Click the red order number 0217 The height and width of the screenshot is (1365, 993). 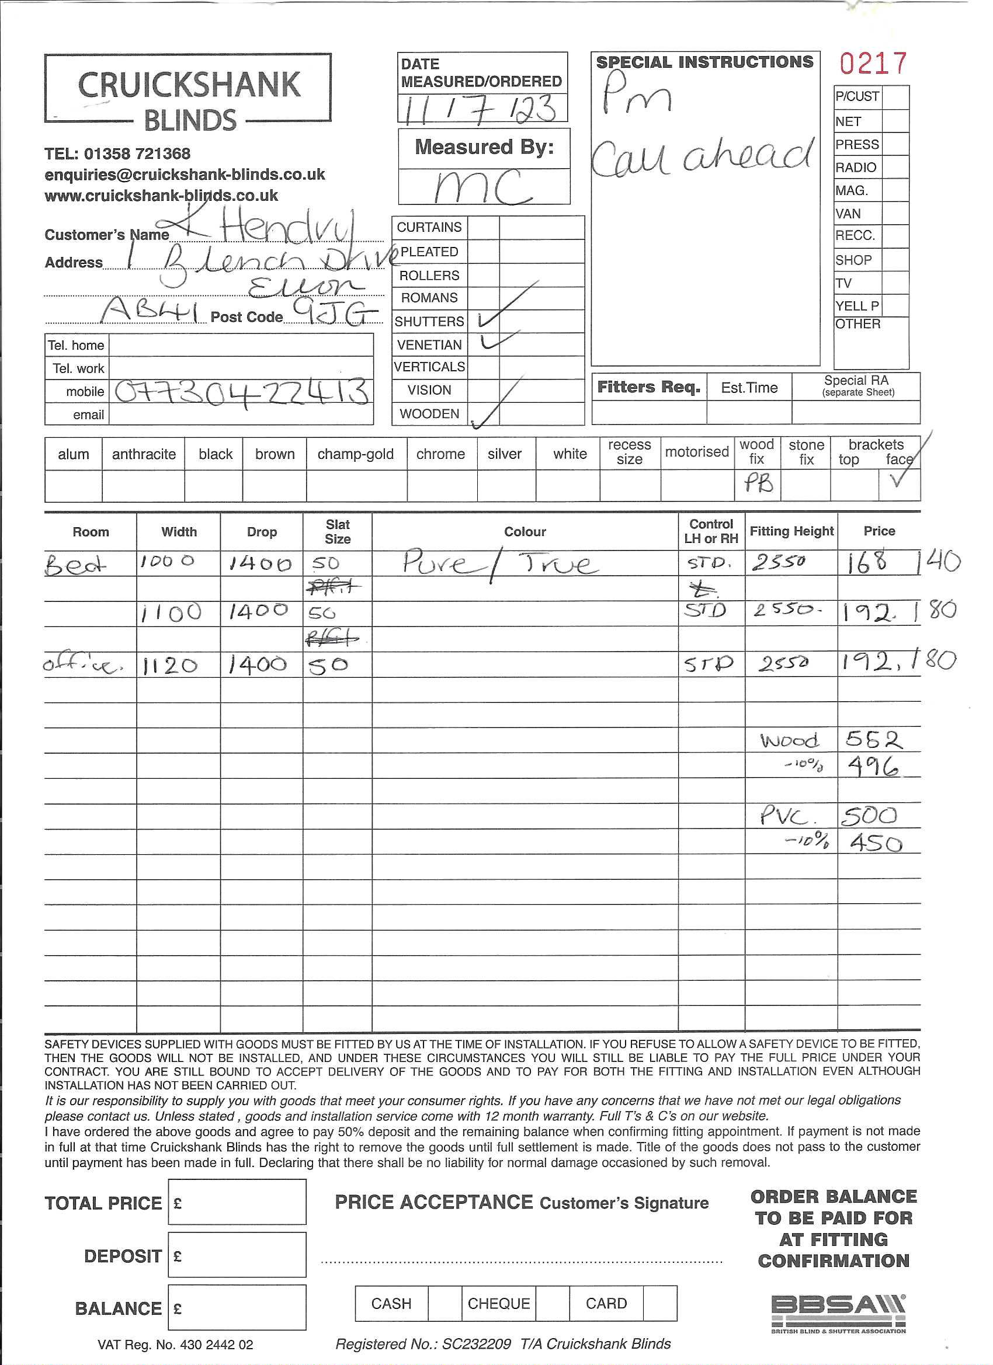[873, 64]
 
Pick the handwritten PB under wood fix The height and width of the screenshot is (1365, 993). [758, 483]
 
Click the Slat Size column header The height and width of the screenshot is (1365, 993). [337, 532]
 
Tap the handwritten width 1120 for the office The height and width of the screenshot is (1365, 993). [170, 665]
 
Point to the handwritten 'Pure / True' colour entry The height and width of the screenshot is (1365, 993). [500, 564]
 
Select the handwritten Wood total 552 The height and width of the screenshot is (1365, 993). [874, 740]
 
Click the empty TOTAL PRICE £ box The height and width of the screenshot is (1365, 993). [237, 1202]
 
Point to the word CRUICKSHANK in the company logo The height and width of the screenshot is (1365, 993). [189, 85]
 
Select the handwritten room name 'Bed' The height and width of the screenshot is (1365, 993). [75, 565]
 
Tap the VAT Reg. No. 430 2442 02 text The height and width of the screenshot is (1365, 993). [175, 1345]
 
